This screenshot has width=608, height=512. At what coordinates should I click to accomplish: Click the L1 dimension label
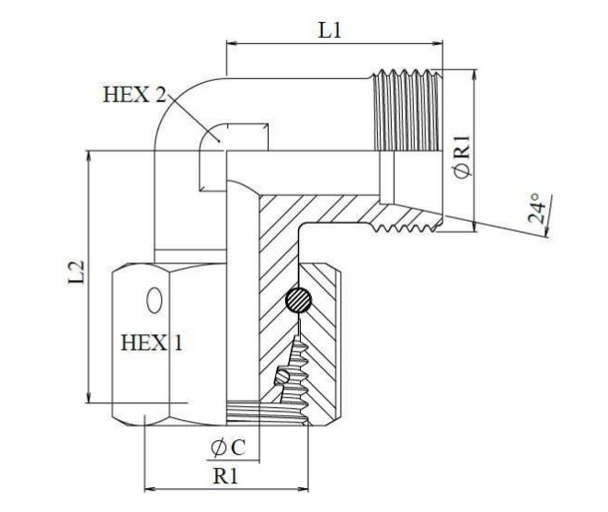coord(329,29)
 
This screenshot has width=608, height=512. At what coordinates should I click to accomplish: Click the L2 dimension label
coord(76,272)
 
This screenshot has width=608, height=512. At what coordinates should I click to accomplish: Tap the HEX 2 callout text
coord(134,94)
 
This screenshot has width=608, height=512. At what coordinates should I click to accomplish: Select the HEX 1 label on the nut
coord(151,343)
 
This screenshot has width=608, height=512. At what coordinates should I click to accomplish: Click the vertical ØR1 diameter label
coord(462,156)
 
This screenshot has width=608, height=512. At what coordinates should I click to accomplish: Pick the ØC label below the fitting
coord(228,448)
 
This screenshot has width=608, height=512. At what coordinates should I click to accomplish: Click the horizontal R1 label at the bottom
coord(225,475)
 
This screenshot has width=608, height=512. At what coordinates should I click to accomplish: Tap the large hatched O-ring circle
coord(298,299)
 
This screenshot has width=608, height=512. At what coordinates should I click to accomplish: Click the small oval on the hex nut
coord(154,300)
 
